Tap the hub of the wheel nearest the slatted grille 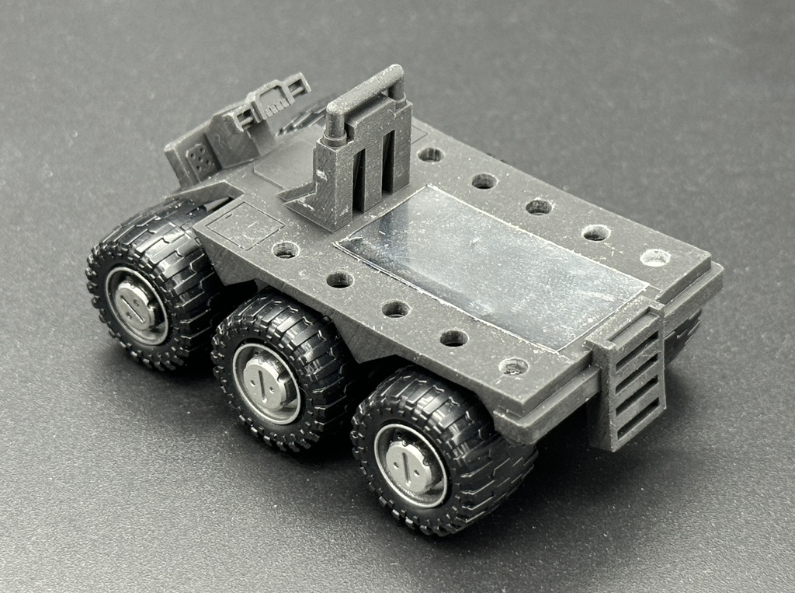(411, 466)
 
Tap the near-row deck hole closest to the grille (513, 365)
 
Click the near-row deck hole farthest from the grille (286, 250)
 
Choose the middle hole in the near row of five (395, 309)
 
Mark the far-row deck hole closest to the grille (654, 257)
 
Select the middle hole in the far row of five (538, 207)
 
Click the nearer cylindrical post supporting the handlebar (335, 124)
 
